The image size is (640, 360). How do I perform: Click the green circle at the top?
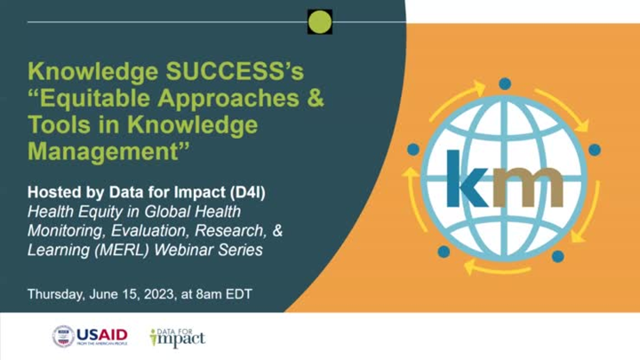320,21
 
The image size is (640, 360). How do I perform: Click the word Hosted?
52,193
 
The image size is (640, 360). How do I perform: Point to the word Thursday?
56,292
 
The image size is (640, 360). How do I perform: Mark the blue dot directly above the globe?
504,84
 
